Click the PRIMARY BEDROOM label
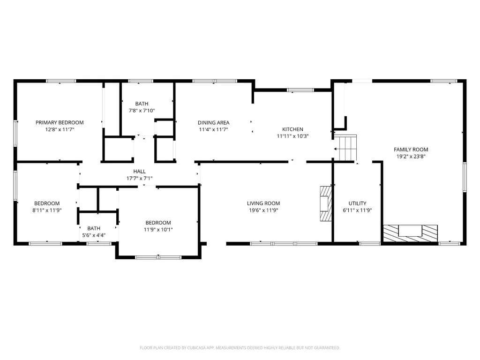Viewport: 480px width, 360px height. pos(60,122)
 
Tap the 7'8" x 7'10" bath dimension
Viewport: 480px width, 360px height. pos(142,111)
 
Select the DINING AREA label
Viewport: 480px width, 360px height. pos(213,122)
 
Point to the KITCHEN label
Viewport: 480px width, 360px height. pos(292,129)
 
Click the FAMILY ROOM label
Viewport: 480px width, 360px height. pos(411,150)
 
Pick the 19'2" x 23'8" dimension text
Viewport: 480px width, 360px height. pos(411,157)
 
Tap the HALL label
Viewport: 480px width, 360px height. pos(139,172)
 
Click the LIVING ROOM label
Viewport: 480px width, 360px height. pos(263,203)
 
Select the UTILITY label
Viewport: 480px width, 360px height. pos(357,203)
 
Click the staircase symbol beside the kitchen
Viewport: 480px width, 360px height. pos(345,148)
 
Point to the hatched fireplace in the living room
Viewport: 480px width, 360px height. pos(326,203)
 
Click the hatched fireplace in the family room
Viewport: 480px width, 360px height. pos(411,233)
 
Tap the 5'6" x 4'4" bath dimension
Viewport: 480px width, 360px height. pos(94,235)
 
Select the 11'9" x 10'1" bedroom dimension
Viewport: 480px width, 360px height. pos(158,230)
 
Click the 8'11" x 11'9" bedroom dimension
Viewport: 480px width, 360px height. pos(47,210)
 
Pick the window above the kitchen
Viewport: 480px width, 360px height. pos(300,90)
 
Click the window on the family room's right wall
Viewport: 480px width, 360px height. pos(465,177)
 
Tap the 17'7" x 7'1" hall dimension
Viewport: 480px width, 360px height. pos(139,179)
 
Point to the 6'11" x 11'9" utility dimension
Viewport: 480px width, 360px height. pos(357,210)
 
